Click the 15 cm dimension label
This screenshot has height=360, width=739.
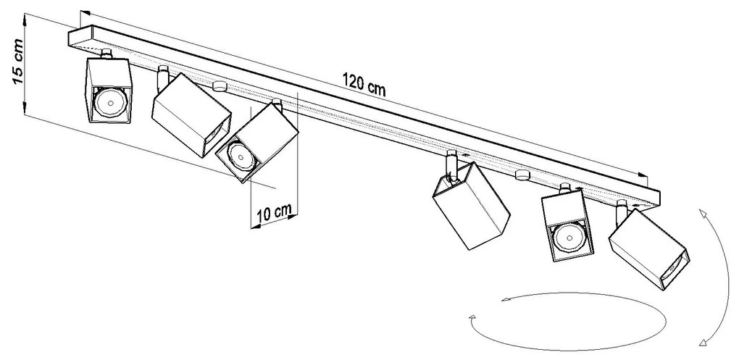pyautogui.click(x=17, y=62)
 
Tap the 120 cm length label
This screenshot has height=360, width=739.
pyautogui.click(x=364, y=85)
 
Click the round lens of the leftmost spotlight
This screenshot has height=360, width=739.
pyautogui.click(x=109, y=102)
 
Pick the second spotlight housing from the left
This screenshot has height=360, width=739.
pyautogui.click(x=191, y=115)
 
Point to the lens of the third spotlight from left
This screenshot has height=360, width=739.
pyautogui.click(x=239, y=156)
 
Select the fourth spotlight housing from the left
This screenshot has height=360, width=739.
pyautogui.click(x=472, y=206)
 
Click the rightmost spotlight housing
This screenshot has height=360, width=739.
pyautogui.click(x=648, y=250)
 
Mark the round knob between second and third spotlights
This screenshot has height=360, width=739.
pyautogui.click(x=219, y=85)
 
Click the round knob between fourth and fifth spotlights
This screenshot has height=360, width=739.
pyautogui.click(x=522, y=175)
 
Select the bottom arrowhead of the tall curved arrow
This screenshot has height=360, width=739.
pyautogui.click(x=703, y=342)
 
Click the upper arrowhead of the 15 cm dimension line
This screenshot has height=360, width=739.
pyautogui.click(x=25, y=18)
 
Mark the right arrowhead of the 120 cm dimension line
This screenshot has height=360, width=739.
pyautogui.click(x=643, y=175)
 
